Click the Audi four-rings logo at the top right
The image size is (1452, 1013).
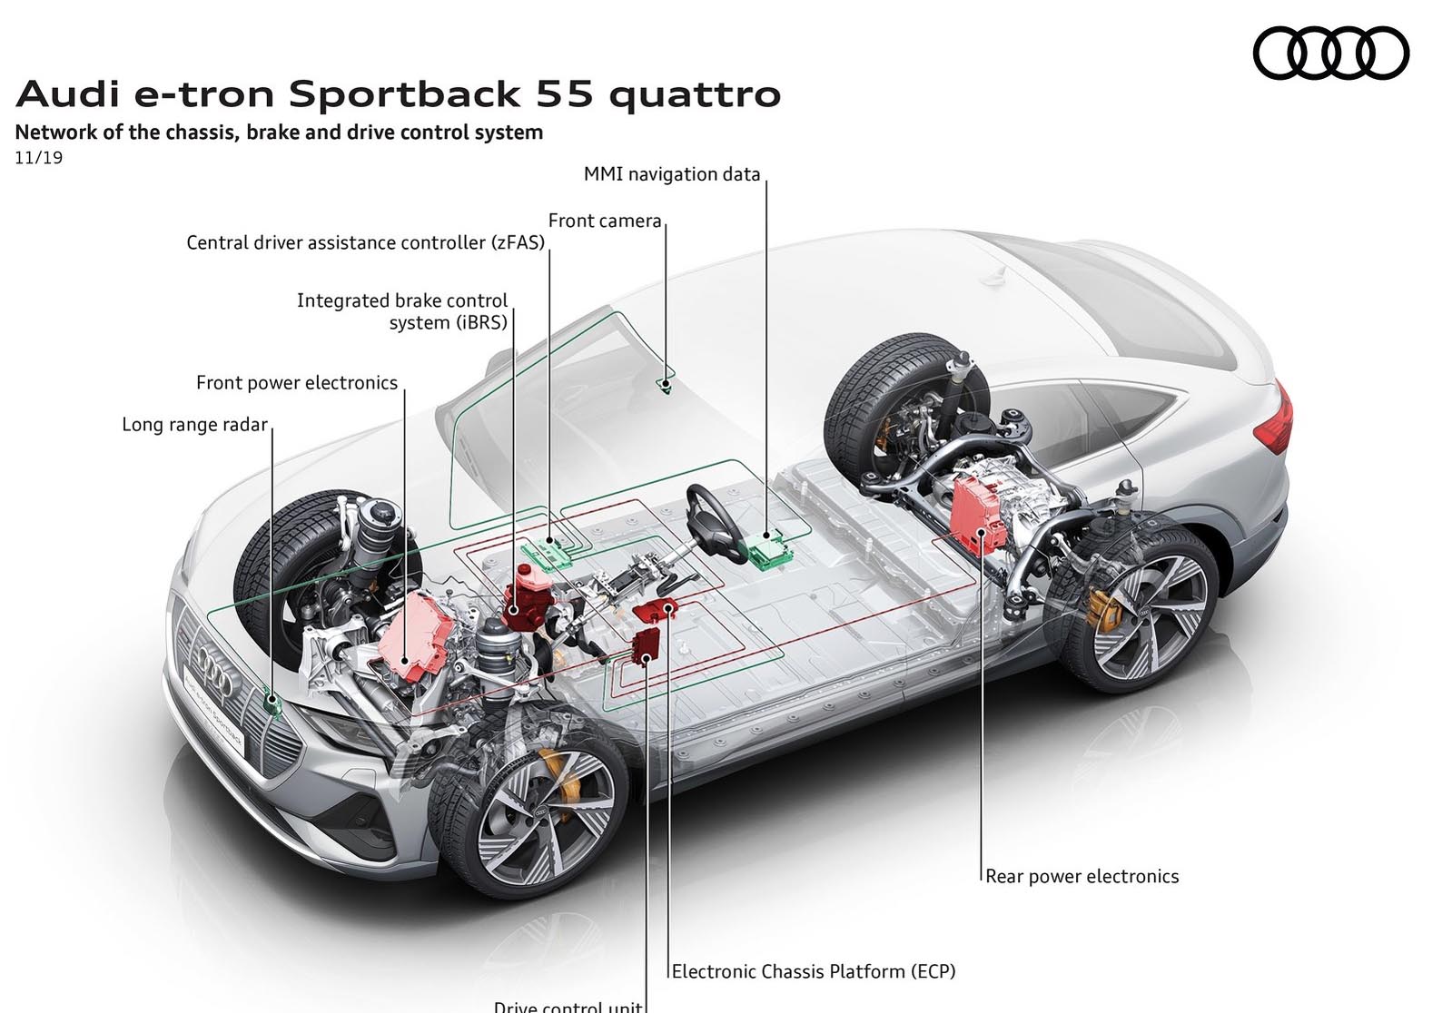coord(1330,53)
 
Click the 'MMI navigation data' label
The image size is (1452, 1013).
coord(671,174)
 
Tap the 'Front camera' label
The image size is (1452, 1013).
coord(604,221)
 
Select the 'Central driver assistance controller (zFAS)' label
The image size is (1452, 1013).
coord(365,242)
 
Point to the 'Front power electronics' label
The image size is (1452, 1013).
coord(297,383)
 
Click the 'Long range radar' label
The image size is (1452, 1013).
coord(194,425)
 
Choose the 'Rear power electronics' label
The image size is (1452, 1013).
coord(1082,876)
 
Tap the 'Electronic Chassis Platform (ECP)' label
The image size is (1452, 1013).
coord(813,971)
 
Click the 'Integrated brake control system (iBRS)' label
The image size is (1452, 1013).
coord(402,311)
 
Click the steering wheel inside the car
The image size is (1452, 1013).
coord(715,523)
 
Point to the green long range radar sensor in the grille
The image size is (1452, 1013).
coord(272,701)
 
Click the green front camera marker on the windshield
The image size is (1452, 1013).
coord(666,385)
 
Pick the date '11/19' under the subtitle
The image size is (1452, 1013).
coord(38,158)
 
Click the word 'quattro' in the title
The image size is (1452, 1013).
coord(695,94)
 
